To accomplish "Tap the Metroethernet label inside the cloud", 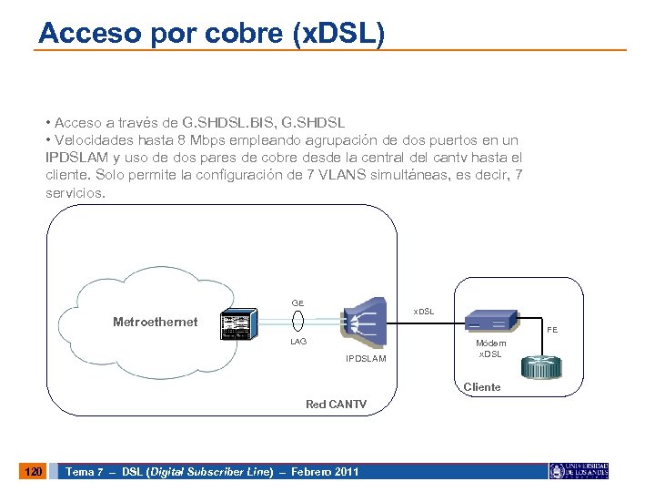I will [155, 322].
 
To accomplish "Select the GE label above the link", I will [297, 302].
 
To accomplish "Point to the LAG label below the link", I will [297, 342].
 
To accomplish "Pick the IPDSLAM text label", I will [366, 358].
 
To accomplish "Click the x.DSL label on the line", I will [424, 312].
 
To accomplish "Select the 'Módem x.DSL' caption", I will [491, 347].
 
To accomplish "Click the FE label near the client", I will [552, 331].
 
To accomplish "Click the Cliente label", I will [482, 387].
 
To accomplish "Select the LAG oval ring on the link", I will [297, 322].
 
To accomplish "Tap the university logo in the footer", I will [579, 471].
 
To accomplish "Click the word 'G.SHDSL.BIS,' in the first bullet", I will [226, 122].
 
